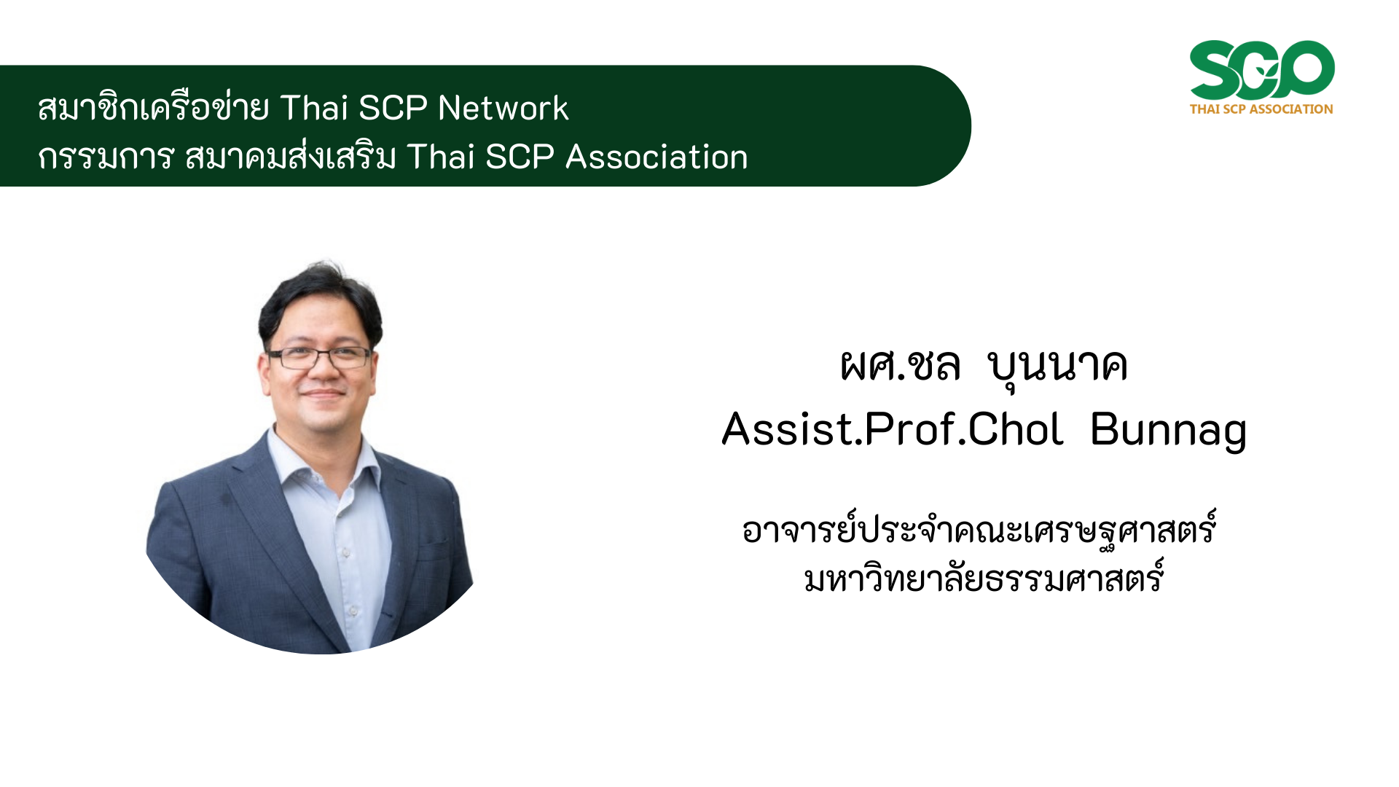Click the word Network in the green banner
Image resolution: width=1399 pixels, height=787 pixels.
(503, 108)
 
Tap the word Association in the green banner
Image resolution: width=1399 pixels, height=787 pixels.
(657, 157)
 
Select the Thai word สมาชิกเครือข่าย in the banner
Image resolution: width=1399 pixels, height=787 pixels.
(153, 106)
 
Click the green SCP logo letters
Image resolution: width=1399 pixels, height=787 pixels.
(1262, 70)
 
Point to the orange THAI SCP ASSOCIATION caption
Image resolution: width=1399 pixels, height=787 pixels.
(1261, 109)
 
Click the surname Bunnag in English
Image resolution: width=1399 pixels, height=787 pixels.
(1168, 430)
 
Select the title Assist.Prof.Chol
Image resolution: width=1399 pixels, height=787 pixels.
(892, 428)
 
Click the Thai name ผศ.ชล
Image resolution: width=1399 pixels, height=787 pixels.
(900, 364)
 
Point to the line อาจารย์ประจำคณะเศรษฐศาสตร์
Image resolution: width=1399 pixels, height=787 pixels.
(979, 528)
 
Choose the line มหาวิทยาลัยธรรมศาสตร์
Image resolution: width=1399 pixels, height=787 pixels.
(984, 578)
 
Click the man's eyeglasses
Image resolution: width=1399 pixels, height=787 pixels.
(319, 358)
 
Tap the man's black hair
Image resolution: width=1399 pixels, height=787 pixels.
(321, 299)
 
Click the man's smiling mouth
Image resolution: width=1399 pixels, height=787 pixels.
(323, 394)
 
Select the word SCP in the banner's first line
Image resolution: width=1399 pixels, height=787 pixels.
(393, 108)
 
